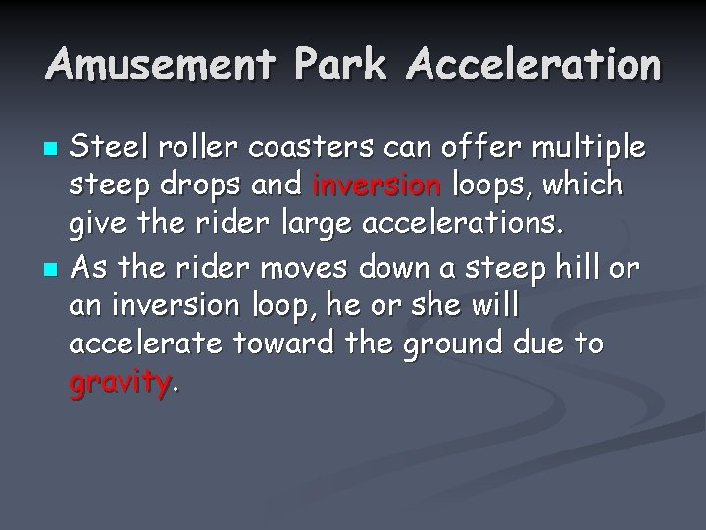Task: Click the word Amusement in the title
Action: (x=162, y=66)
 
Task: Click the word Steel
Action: (x=108, y=148)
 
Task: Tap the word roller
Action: (x=193, y=148)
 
